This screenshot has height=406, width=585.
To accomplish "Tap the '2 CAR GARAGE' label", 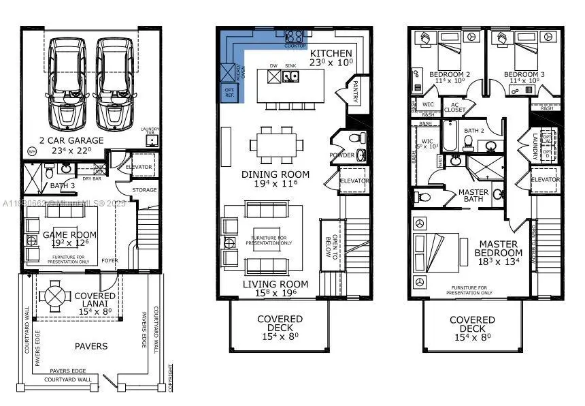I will coord(71,140).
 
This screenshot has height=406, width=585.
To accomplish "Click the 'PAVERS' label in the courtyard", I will coord(91,346).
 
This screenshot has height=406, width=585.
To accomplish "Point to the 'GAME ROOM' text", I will coord(70,234).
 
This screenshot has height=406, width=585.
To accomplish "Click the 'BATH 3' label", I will coord(63,185).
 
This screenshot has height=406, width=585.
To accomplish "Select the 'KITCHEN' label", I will coord(331,53).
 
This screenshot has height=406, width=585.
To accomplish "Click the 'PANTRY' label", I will coord(354,92).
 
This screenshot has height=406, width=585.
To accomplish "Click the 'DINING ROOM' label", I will coord(275,174).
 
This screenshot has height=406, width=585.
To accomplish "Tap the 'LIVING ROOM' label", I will coord(275,284).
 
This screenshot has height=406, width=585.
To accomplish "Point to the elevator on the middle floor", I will coord(354,181).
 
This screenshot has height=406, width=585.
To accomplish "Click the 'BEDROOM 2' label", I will coord(450,74).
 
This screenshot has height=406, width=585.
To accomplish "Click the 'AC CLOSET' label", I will coord(455,106).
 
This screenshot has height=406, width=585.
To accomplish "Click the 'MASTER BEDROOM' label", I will coord(499,249).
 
